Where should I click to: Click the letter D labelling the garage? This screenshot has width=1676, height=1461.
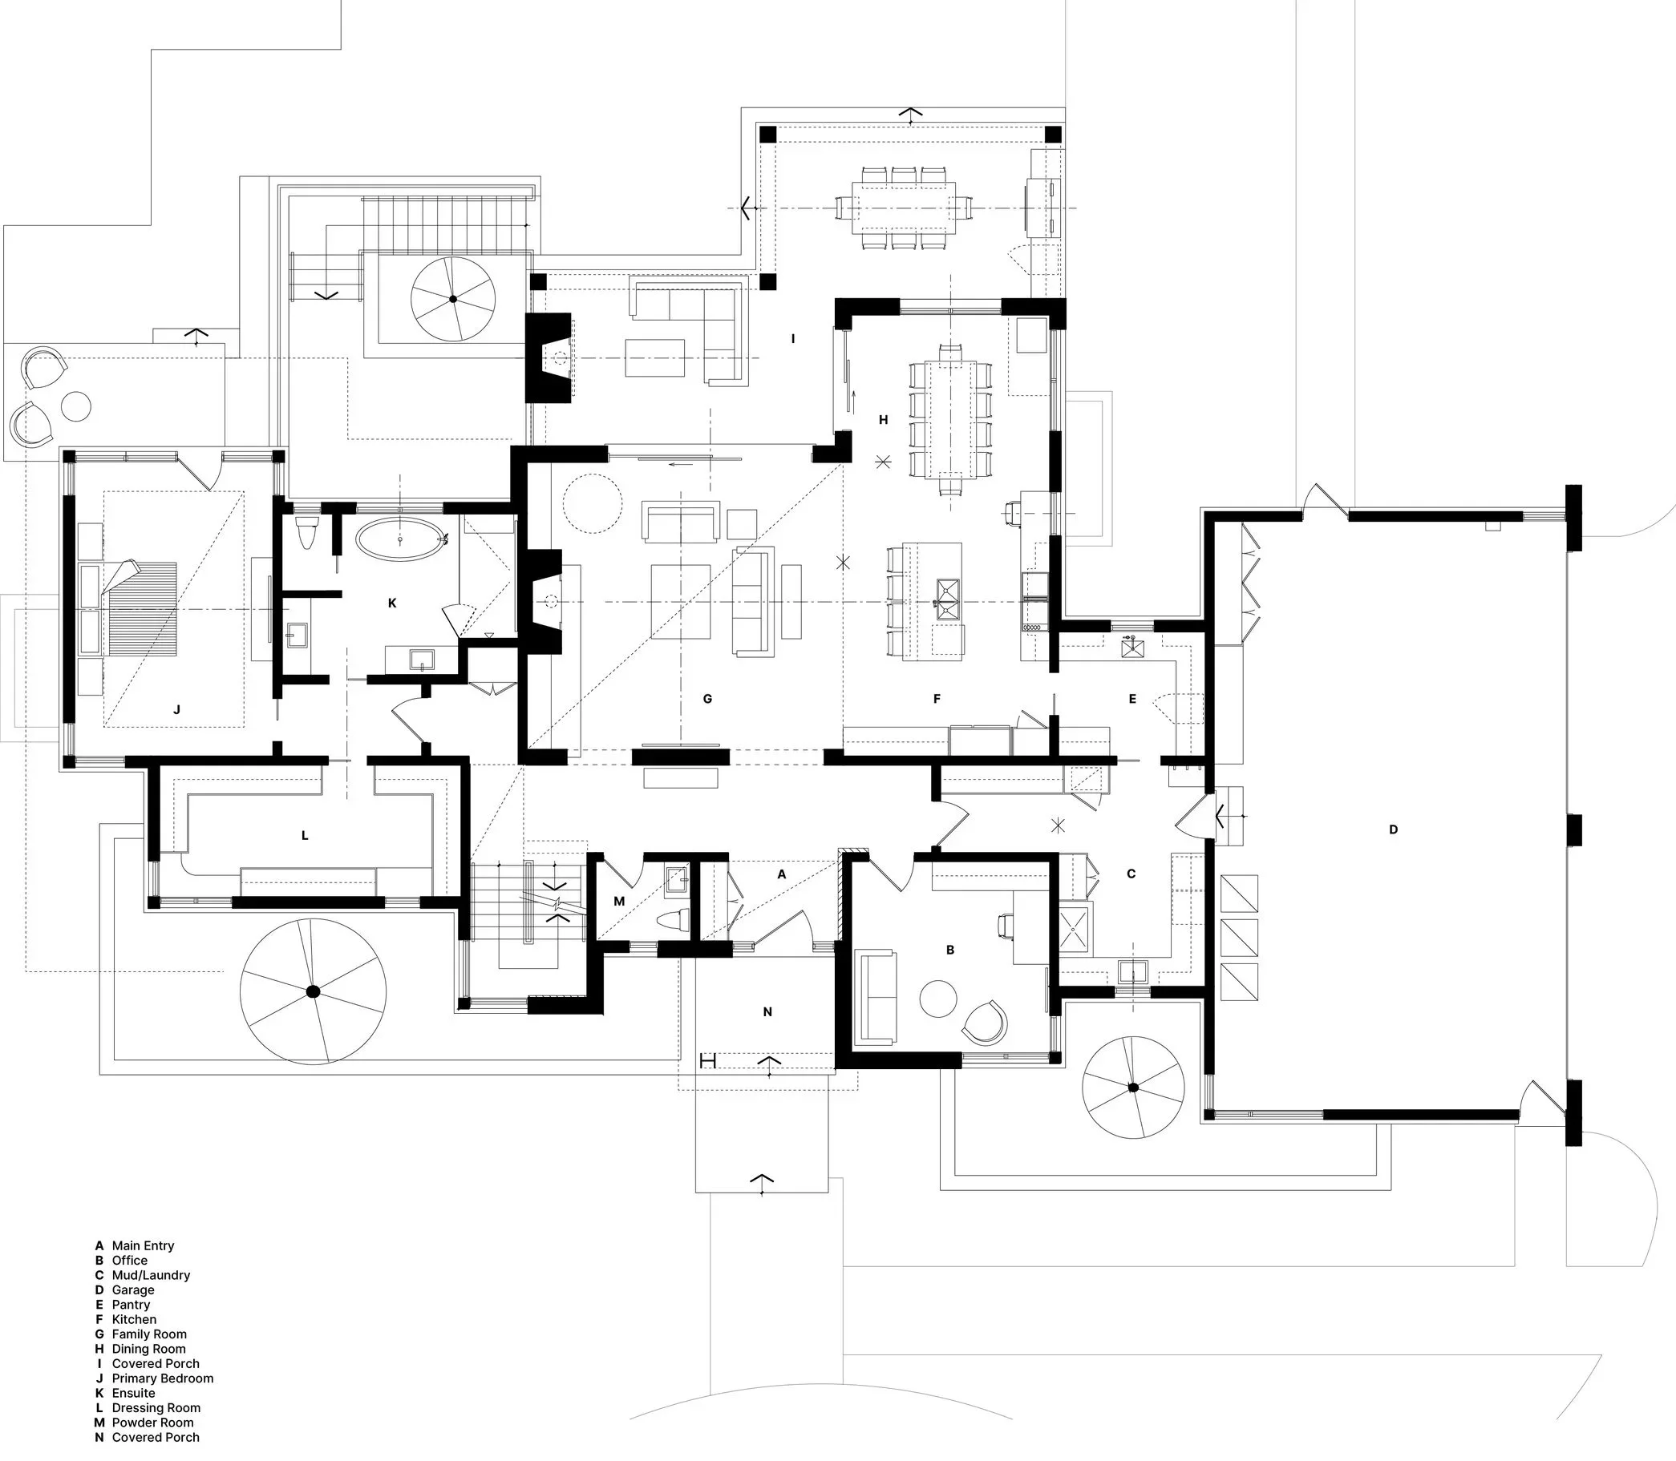1393,830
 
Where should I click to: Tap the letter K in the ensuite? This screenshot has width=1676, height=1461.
392,603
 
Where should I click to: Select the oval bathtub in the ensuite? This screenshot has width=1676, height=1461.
400,539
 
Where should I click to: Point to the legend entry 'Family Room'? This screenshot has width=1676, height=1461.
149,1334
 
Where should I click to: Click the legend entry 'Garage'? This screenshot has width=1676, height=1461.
133,1290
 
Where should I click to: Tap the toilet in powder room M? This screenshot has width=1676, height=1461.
672,922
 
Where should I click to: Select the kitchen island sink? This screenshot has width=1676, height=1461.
948,600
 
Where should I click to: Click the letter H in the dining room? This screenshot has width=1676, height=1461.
882,421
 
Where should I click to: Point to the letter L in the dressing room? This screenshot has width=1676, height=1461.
305,836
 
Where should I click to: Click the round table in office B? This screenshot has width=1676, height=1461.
939,998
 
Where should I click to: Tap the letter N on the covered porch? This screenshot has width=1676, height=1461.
767,1011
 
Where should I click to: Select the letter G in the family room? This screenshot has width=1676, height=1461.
707,699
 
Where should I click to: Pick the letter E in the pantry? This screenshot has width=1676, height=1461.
1132,699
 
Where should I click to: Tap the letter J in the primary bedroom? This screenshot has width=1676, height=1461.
176,709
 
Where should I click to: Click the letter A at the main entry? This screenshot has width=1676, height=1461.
781,875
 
